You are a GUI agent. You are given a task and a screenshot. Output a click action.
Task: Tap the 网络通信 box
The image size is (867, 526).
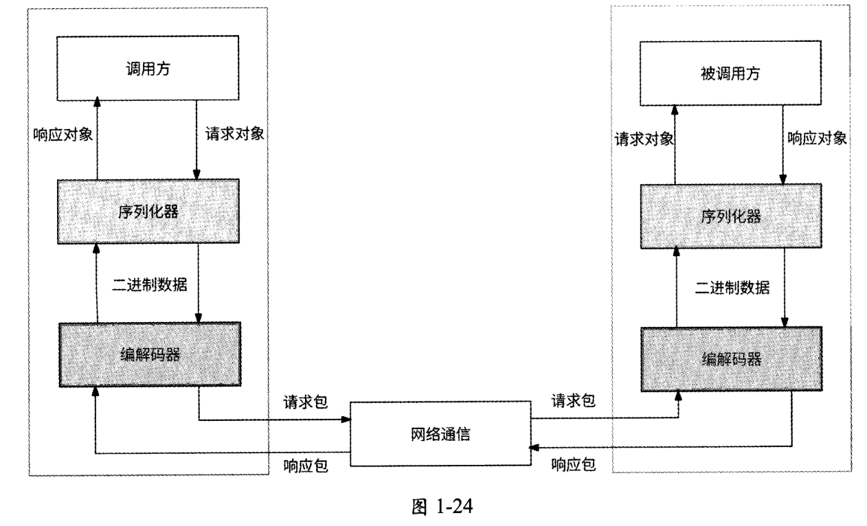tap(440, 434)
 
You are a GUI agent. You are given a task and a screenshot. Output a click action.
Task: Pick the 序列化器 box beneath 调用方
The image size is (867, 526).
tap(147, 210)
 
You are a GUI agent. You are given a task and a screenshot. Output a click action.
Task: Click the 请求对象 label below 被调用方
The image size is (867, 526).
tap(642, 138)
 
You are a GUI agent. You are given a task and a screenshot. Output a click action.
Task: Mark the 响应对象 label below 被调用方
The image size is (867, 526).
tap(816, 138)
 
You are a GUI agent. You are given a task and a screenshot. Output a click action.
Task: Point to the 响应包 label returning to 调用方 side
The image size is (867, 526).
tap(305, 467)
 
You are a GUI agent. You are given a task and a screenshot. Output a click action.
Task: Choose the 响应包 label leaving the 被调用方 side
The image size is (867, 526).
tap(573, 465)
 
